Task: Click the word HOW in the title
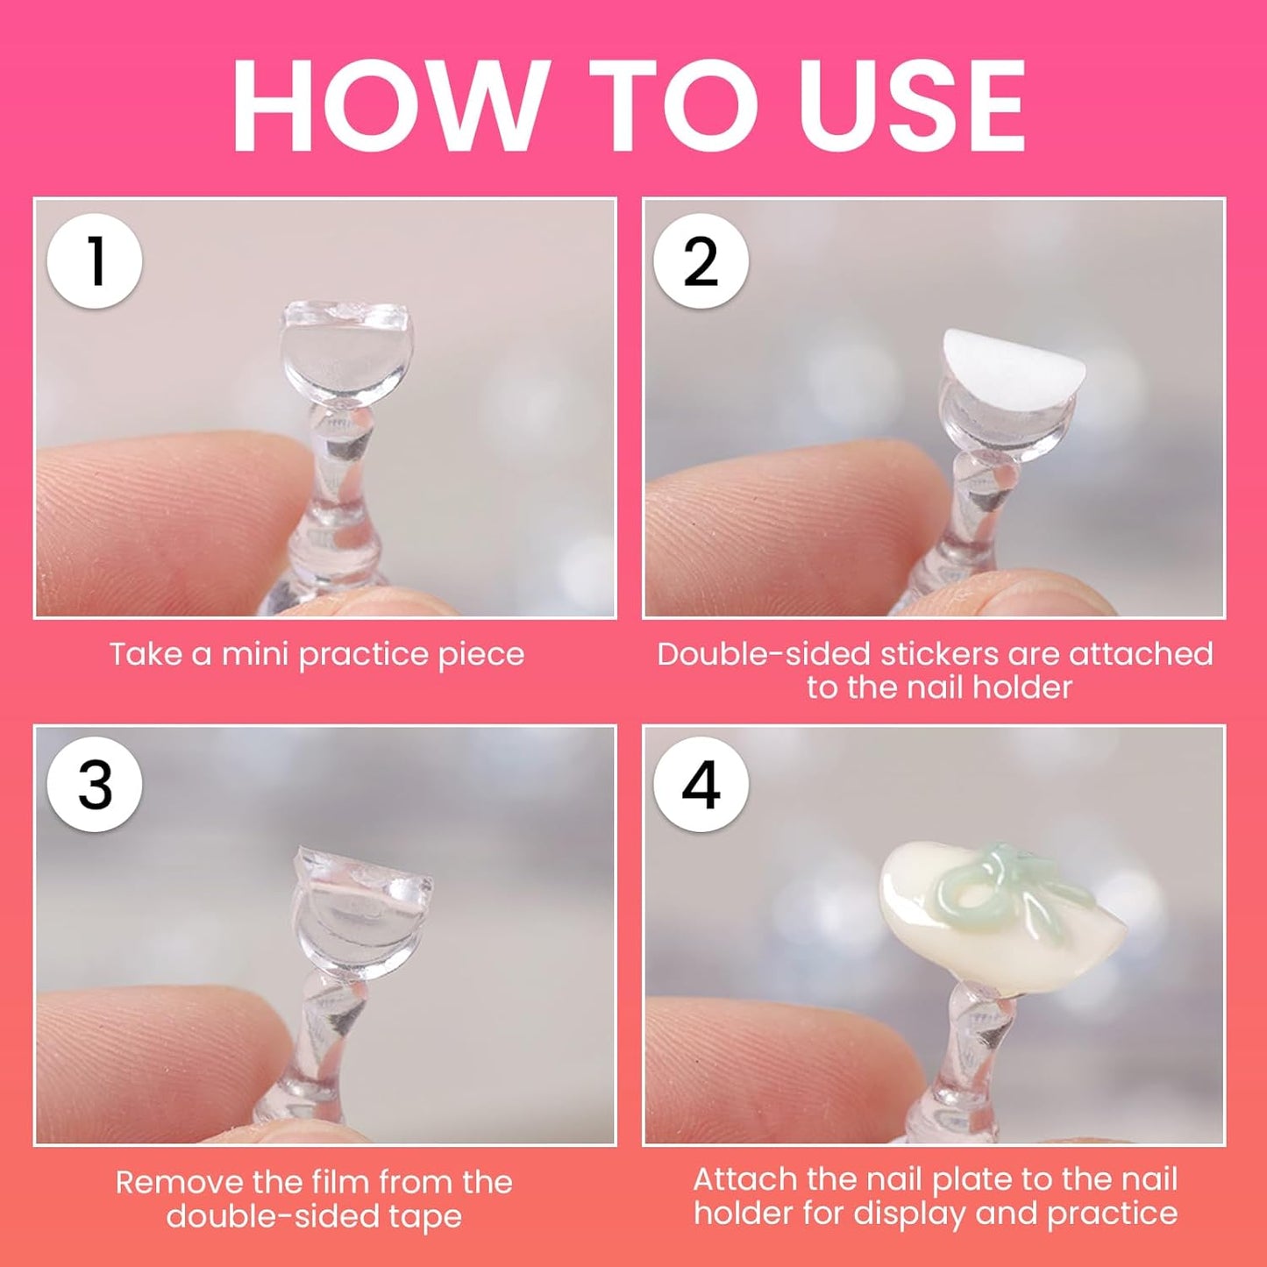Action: (390, 105)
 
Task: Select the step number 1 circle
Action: (95, 261)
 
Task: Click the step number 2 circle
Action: (701, 261)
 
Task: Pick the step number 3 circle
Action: (95, 785)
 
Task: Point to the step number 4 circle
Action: (701, 785)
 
